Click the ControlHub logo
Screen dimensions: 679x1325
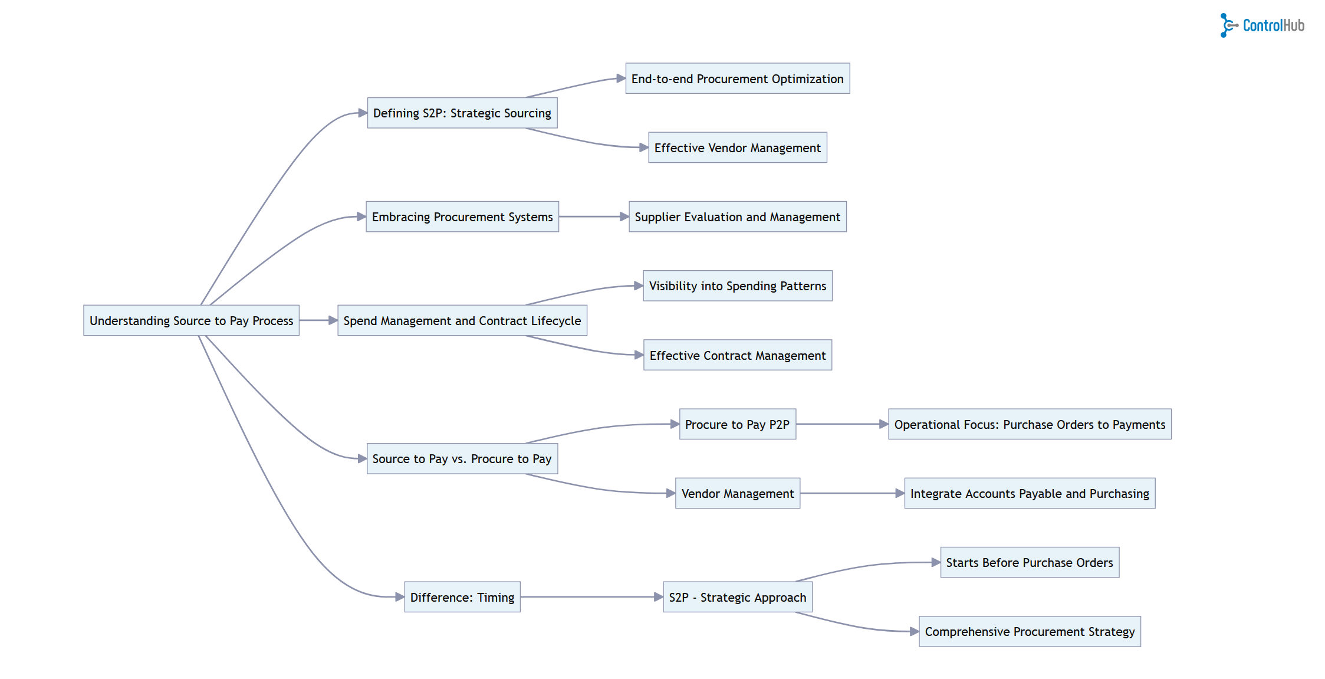[1262, 25]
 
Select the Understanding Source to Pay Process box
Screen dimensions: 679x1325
[191, 320]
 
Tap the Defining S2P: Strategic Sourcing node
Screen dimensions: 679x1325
[462, 113]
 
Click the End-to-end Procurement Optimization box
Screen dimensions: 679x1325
[737, 78]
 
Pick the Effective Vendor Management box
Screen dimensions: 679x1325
[737, 147]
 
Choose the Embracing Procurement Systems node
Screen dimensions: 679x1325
[462, 217]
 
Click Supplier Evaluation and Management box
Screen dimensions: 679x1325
[737, 217]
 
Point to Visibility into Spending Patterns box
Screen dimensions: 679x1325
[737, 286]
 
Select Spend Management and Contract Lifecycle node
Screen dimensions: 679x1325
[462, 320]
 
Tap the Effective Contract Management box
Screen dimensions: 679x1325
[737, 355]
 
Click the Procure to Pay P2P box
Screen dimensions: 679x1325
[737, 424]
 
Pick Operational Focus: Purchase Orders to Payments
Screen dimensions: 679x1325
[1029, 424]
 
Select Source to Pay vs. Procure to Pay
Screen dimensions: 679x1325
[462, 458]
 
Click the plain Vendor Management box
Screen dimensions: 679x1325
[737, 493]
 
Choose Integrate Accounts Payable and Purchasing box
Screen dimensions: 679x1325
[1029, 493]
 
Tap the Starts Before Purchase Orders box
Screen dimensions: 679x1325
[1029, 562]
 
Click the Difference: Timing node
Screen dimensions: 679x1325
[462, 597]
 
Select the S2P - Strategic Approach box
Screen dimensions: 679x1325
[737, 597]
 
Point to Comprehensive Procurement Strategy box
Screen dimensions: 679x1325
[1029, 631]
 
